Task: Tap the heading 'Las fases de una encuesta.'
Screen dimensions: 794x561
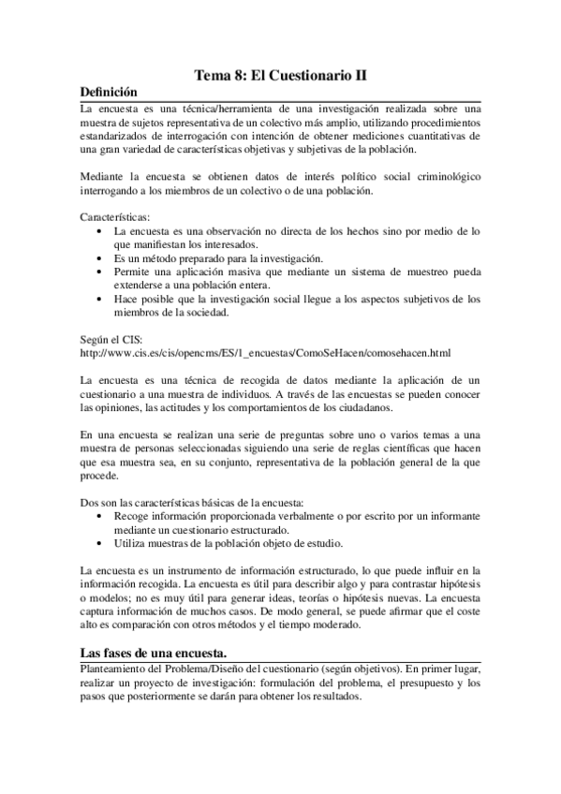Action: pos(153,652)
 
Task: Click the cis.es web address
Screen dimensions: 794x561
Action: pos(265,352)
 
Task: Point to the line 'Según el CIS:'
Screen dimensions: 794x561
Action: pos(111,339)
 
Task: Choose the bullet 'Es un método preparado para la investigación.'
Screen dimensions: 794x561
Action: pos(230,257)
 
